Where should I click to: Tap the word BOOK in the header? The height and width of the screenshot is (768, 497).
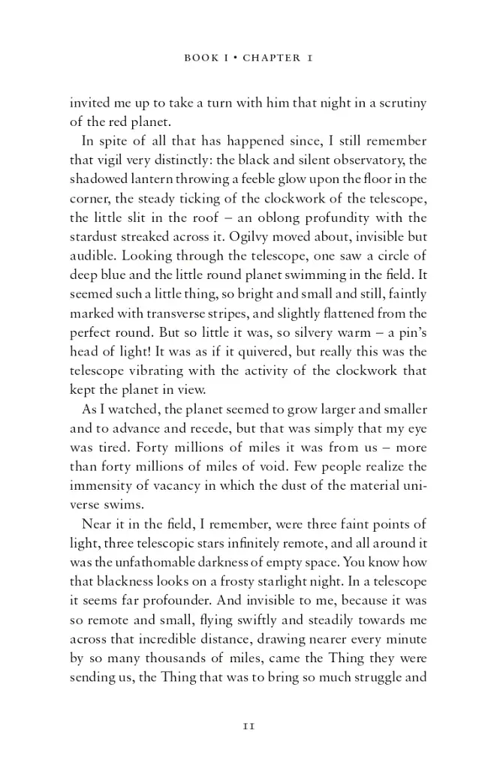point(200,58)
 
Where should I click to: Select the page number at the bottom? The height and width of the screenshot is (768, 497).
point(248,726)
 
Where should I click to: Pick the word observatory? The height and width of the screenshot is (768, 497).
point(373,160)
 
